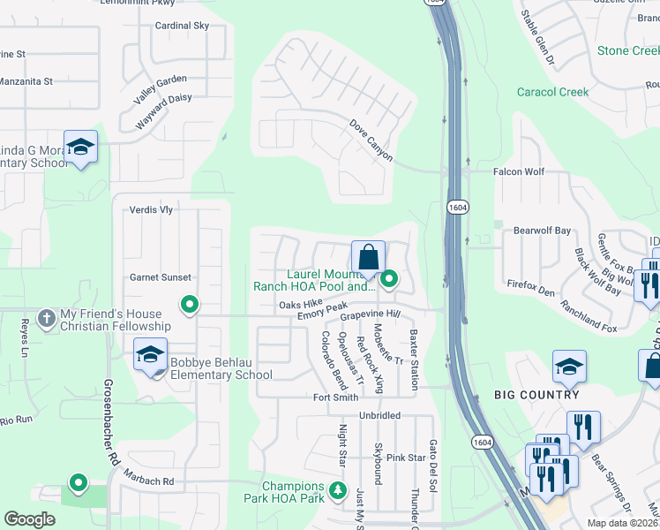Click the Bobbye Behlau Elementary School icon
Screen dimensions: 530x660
pyautogui.click(x=150, y=356)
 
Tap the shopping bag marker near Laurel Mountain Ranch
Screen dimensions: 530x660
pyautogui.click(x=369, y=258)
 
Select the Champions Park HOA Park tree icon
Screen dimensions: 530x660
pyautogui.click(x=336, y=490)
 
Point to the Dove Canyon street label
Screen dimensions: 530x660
pyautogui.click(x=371, y=140)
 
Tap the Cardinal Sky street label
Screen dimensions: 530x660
pyautogui.click(x=182, y=26)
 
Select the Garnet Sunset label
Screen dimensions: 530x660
pyautogui.click(x=161, y=277)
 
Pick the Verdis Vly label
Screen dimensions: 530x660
pyautogui.click(x=151, y=209)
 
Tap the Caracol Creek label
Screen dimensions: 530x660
pyautogui.click(x=552, y=92)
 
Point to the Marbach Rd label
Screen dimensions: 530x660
pyautogui.click(x=149, y=482)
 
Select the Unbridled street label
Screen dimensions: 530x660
pyautogui.click(x=379, y=415)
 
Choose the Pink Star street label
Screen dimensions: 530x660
pyautogui.click(x=406, y=458)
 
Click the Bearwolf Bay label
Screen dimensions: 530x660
pyautogui.click(x=543, y=231)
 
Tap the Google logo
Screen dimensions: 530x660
pyautogui.click(x=30, y=519)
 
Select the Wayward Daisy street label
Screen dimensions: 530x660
pyautogui.click(x=164, y=111)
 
